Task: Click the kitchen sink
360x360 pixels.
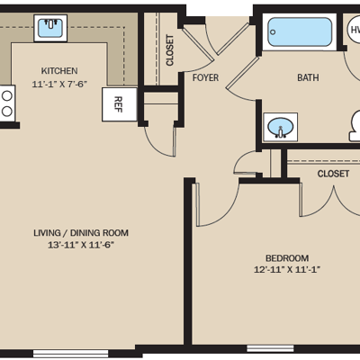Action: point(50,28)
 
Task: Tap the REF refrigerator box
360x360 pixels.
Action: point(120,104)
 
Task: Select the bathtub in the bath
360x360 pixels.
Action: point(300,32)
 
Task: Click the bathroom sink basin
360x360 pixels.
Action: point(280,127)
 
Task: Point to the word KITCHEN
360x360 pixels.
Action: point(59,71)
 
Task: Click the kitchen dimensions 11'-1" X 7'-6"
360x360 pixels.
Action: point(59,84)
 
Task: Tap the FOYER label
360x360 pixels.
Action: point(205,77)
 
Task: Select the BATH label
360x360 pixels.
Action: point(308,77)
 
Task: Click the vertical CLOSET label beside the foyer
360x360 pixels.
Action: point(170,50)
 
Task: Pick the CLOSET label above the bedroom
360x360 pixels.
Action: point(333,174)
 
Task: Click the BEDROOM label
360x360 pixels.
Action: point(287,258)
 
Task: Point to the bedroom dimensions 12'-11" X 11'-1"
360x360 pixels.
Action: point(287,269)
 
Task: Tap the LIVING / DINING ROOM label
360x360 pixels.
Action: point(81,233)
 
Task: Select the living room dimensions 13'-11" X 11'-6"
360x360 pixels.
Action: point(81,245)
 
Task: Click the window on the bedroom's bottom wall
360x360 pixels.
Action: point(270,348)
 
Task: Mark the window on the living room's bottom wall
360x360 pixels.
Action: point(70,354)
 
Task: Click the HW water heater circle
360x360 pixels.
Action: point(354,30)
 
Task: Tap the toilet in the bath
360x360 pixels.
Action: point(355,126)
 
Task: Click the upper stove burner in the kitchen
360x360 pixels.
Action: point(6,96)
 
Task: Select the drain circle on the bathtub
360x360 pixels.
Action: point(273,32)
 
